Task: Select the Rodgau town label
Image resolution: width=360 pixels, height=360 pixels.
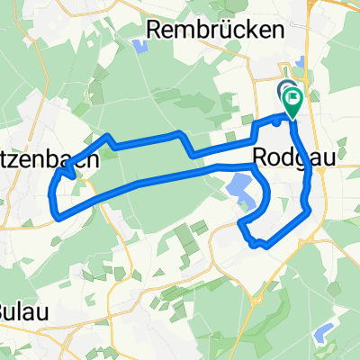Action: pos(286,157)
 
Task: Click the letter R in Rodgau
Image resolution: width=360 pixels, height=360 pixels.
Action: pos(262,157)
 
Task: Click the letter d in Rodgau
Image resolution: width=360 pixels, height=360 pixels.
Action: pos(284,157)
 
